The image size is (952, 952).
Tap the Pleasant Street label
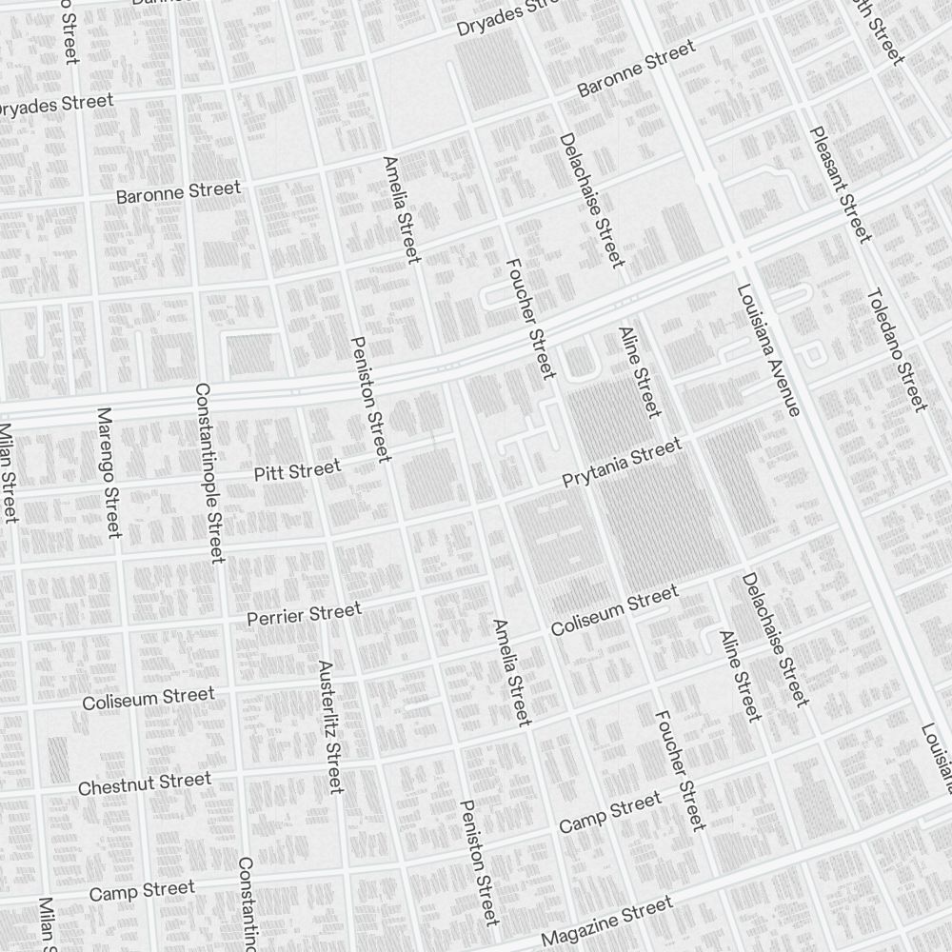840,184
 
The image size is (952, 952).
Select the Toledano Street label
896,349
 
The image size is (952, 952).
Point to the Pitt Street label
297,470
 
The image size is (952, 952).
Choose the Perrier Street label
304,615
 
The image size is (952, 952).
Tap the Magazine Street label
606,921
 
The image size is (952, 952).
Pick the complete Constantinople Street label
208,472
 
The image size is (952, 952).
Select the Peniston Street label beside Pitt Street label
370,399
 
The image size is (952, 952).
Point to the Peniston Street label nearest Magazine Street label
478,862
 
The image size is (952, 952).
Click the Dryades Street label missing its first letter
54,105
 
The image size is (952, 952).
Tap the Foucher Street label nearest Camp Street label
680,769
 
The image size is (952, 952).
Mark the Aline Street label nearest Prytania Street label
639,372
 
